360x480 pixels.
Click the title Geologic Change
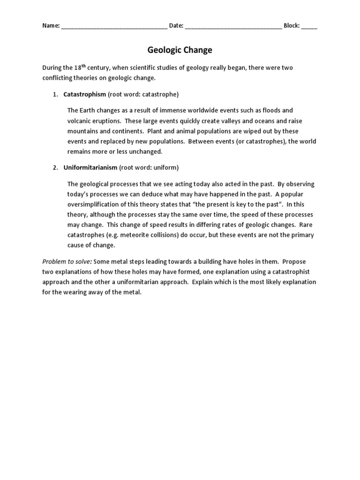click(x=180, y=50)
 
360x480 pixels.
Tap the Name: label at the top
click(x=51, y=26)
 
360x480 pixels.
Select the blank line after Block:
click(x=309, y=26)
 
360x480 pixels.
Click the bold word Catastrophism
click(x=85, y=94)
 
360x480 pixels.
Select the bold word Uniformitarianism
click(x=90, y=167)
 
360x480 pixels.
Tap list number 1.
click(x=55, y=94)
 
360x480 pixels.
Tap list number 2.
click(x=55, y=167)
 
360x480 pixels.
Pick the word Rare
click(x=306, y=225)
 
